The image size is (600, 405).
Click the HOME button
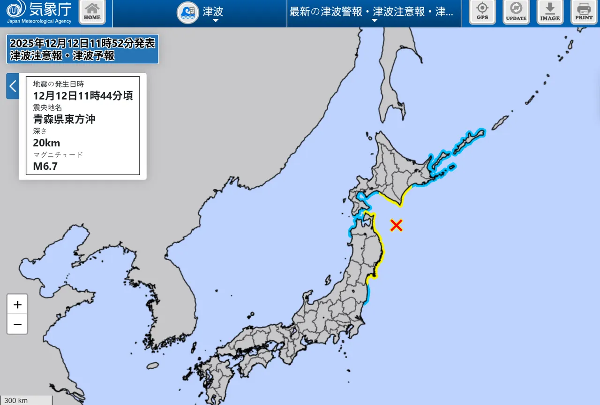92,12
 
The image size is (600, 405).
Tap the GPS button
482,12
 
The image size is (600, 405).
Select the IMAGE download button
550,12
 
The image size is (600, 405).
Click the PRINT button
584,12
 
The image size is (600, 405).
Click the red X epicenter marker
397,226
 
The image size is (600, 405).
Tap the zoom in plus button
17,305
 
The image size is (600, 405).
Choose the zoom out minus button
17,324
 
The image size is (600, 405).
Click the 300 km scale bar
26,400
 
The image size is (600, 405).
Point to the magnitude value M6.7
45,166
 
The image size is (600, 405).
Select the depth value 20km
46,143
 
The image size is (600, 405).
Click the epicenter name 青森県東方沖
64,119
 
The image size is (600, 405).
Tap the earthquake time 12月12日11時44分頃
83,96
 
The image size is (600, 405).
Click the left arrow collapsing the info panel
13,86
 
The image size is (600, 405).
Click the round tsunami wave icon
187,13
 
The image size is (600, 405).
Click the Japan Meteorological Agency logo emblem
16,9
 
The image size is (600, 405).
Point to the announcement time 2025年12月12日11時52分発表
82,43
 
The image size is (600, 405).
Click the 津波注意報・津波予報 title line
62,56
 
